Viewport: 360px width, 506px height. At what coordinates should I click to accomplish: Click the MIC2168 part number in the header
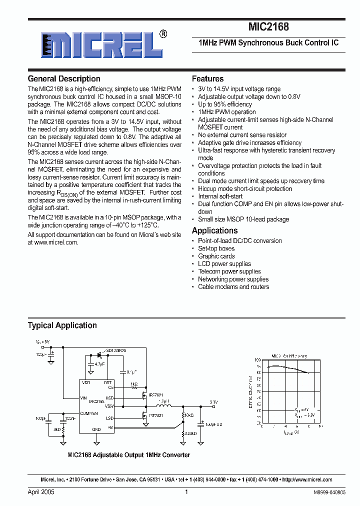[268, 28]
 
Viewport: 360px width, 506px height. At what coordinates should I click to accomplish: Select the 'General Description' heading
[64, 78]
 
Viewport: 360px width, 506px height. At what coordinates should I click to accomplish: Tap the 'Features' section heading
[207, 78]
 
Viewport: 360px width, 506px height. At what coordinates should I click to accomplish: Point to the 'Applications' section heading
[214, 230]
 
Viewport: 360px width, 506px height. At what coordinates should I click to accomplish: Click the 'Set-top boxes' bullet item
[216, 248]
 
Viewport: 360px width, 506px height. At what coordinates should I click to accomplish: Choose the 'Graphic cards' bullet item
[216, 256]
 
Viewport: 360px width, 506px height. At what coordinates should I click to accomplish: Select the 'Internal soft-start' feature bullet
[220, 196]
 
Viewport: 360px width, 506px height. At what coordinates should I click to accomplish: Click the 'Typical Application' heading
[62, 325]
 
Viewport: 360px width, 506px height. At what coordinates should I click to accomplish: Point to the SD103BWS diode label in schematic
[116, 351]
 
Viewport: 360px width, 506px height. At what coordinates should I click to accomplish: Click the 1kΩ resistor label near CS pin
[134, 383]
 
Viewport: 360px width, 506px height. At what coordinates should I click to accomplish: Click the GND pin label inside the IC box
[96, 429]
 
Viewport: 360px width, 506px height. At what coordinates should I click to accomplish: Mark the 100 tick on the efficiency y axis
[258, 359]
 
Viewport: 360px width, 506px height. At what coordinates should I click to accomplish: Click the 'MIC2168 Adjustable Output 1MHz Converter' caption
[128, 455]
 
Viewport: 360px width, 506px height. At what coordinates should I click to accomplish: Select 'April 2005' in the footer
[41, 492]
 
